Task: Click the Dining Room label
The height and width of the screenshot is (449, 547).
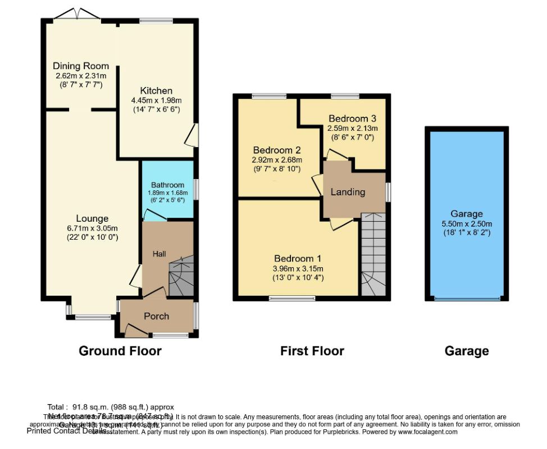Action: (x=81, y=66)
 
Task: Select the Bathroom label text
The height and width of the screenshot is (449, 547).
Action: (x=167, y=185)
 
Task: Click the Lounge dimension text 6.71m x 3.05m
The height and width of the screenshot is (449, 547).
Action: (x=93, y=228)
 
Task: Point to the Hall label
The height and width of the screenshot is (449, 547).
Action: (x=159, y=254)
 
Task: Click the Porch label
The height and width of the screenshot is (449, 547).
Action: (x=156, y=316)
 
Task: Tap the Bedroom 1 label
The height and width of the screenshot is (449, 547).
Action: (x=297, y=259)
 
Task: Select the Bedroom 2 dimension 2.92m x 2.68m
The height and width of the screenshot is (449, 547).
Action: (x=277, y=160)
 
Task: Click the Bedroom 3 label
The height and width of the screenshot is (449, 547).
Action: (x=352, y=118)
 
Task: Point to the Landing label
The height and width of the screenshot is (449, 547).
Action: (x=348, y=192)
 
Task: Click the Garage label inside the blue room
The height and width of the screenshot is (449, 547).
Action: (x=466, y=214)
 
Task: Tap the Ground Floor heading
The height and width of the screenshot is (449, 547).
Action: (x=120, y=351)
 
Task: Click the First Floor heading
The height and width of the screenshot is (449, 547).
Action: (x=312, y=351)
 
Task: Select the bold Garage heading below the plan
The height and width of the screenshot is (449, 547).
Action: (x=466, y=351)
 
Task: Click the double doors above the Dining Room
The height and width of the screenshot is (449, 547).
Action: (x=78, y=13)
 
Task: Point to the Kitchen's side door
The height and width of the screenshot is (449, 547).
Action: (x=192, y=135)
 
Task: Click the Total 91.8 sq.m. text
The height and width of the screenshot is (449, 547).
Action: (x=111, y=406)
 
